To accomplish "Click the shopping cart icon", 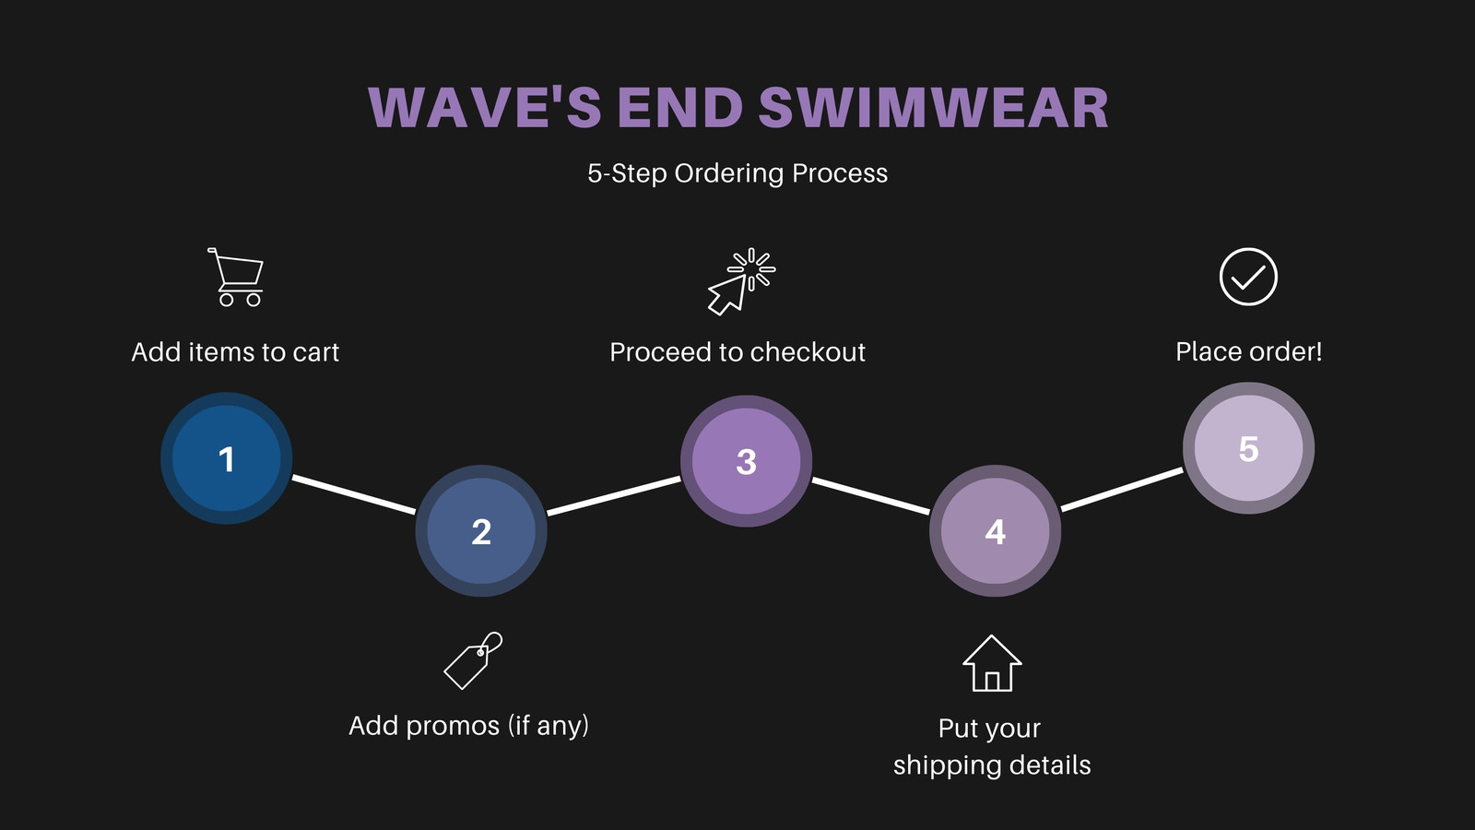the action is pos(236,278).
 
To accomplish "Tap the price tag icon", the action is pos(473,660).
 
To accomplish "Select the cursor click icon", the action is pos(741,281).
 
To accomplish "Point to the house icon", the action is pos(992,663).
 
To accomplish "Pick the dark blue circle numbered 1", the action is pos(227,458).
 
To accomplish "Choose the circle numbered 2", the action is pos(481,531).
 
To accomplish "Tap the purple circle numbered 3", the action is pos(746,461).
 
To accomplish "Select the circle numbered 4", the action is pos(995,531).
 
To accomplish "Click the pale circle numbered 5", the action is pos(1248,448).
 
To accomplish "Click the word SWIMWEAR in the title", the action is pos(934,107).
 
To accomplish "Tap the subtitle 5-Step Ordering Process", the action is pos(737,173).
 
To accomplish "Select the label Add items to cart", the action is pos(235,351).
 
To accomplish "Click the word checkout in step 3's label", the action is pos(808,351).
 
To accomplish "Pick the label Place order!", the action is pos(1248,351).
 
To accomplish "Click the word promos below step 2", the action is pos(453,726).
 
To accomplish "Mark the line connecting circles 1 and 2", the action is pos(354,494).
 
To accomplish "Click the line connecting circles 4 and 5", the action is pos(1122,490).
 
